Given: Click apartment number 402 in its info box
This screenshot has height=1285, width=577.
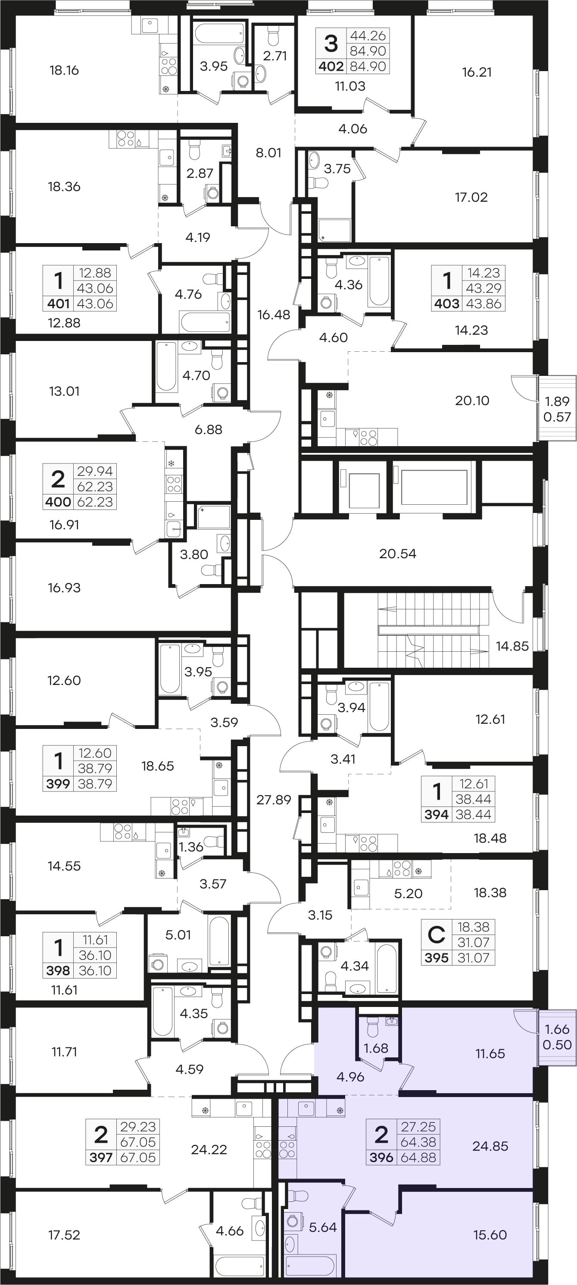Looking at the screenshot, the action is pos(331,66).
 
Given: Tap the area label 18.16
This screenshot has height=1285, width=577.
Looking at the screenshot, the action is pos(64,70).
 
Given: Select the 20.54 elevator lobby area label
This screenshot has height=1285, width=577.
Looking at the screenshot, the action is pos(397,554).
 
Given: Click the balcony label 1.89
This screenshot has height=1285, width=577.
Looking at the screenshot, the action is pos(557,401).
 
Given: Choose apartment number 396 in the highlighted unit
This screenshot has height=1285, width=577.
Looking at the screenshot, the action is pos(381,1157).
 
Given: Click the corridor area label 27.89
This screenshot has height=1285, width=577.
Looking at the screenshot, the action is pos(274,800).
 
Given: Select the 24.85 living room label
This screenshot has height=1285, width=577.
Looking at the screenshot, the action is pos(490,1146).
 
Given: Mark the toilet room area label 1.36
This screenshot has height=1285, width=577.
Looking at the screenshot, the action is pos(191,847).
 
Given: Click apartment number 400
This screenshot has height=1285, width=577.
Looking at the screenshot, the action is pos(58,502).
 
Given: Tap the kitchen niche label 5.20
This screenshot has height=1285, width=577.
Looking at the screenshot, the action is pos(408,894).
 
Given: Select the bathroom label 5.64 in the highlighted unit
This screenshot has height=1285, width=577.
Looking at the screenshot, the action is pos(323,1227).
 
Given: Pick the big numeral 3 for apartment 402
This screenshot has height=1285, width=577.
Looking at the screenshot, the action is pos(331,44).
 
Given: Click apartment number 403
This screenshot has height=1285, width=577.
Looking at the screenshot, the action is pos(446,303).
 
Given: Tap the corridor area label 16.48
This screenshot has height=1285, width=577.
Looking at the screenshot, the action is pos(274,315).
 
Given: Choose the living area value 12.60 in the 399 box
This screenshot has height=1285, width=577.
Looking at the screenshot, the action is pos(95,753).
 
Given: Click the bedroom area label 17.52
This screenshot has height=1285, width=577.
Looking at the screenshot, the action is pos(64,1235).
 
